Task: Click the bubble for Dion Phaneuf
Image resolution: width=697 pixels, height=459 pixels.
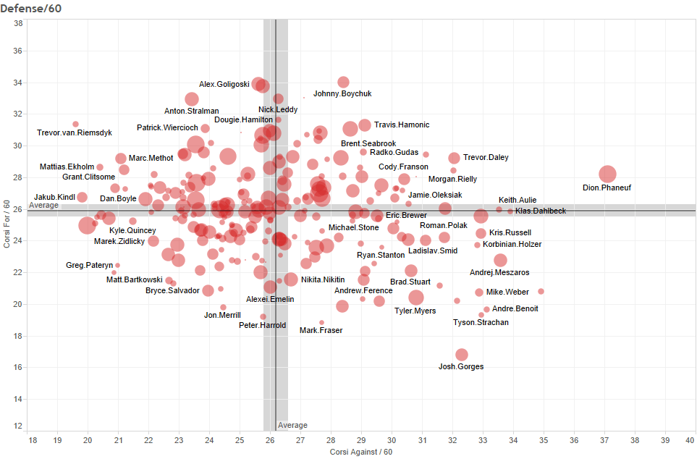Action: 607,174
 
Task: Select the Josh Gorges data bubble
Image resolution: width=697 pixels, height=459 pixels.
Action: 462,355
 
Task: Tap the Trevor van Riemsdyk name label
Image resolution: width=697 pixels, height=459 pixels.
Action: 75,132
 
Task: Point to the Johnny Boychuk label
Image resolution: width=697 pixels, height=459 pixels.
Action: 342,94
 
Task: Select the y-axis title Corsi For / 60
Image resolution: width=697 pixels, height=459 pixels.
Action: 7,224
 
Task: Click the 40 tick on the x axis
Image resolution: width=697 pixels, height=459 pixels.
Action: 691,439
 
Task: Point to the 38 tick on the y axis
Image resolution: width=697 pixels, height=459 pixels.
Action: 17,23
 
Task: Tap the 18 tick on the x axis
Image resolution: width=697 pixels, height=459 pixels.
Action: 32,439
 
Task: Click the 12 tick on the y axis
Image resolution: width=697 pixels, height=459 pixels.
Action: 17,426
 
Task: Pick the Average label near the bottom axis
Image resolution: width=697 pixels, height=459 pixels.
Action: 293,426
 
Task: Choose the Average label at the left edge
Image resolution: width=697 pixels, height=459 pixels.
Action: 43,206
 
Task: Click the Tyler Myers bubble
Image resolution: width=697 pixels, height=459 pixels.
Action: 416,298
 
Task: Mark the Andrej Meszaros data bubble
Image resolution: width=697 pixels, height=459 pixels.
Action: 500,261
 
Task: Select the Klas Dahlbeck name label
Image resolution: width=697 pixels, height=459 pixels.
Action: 541,211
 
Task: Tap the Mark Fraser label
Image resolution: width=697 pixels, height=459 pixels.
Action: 321,330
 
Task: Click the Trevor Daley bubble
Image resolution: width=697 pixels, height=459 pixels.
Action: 454,158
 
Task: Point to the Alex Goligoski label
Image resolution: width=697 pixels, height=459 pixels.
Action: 224,85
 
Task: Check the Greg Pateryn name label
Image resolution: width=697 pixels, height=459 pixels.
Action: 90,266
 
